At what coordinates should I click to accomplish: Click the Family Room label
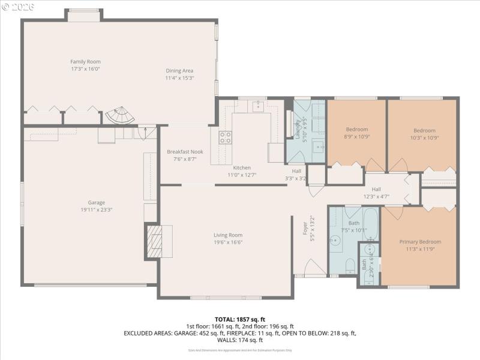85,62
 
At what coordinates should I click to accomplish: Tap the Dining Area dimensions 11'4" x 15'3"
179,78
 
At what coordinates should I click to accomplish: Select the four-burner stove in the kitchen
225,137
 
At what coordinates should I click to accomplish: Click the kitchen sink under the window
258,106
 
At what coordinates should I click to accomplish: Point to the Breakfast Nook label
185,152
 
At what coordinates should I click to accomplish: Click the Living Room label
228,235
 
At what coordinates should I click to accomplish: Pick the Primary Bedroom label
420,242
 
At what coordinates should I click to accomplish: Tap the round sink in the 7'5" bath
336,241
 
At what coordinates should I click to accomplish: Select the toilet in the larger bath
350,265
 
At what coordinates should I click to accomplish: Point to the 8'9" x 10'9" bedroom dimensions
356,137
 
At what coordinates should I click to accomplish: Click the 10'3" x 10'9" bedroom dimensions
424,137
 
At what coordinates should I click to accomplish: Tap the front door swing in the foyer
314,268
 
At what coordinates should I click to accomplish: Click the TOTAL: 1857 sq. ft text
240,319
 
